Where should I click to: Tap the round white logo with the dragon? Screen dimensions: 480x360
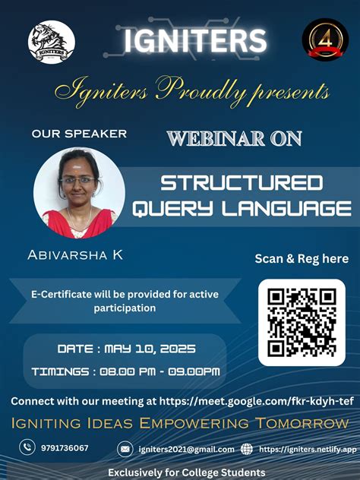(52, 42)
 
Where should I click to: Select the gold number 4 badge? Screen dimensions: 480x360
(325, 40)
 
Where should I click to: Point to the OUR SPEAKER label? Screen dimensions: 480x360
(79, 134)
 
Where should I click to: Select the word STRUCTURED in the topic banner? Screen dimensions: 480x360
(242, 182)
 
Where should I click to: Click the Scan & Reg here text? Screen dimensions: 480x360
(302, 259)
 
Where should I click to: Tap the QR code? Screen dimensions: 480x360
(302, 321)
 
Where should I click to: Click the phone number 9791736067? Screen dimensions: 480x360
(65, 448)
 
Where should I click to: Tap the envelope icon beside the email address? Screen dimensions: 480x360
(125, 449)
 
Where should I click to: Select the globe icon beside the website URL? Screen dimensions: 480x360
(247, 449)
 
